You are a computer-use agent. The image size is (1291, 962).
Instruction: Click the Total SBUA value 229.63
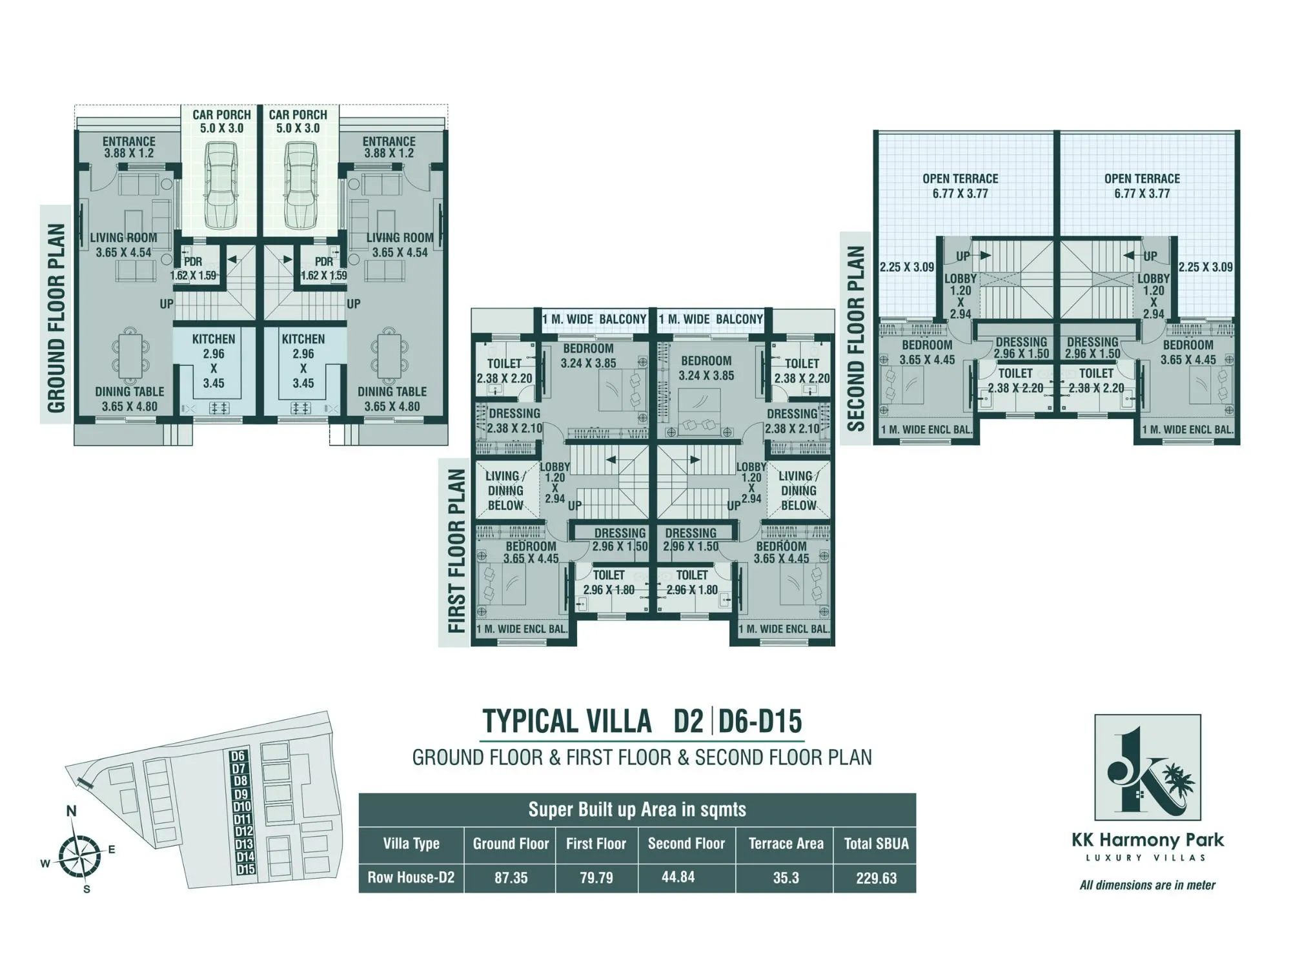point(876,878)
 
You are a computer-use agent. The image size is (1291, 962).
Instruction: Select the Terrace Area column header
point(786,843)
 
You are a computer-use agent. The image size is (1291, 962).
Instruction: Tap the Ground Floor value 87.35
point(511,878)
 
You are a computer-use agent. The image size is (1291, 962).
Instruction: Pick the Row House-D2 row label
point(411,877)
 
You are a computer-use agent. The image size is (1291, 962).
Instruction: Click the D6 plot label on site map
point(238,756)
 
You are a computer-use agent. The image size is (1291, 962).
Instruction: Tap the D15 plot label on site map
point(245,869)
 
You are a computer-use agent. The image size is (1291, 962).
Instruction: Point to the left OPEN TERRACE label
point(960,186)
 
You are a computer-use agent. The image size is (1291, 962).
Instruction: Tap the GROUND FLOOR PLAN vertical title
point(56,318)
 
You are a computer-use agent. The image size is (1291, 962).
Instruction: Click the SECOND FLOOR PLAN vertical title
point(855,338)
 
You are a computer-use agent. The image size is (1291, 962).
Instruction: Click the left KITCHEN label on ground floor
point(213,339)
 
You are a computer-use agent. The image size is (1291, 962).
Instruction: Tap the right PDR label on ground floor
point(324,261)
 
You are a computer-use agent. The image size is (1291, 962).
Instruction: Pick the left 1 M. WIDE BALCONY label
point(594,319)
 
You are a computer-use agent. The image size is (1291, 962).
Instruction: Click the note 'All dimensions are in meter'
point(1147,885)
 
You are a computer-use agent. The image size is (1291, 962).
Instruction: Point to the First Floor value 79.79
point(596,878)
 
